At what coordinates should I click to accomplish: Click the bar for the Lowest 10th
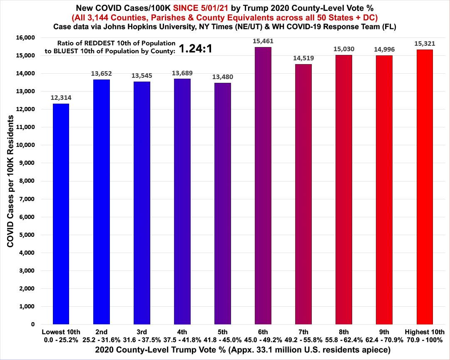coord(61,214)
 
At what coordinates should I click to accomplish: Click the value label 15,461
coord(263,41)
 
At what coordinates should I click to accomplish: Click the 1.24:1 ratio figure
coord(196,49)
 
